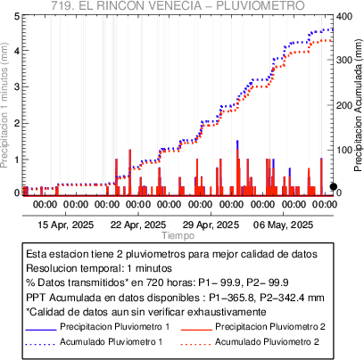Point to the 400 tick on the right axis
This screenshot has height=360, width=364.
pyautogui.click(x=344, y=16)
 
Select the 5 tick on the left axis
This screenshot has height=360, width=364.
pyautogui.click(x=17, y=16)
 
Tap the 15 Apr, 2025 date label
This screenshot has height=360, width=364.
pyautogui.click(x=66, y=225)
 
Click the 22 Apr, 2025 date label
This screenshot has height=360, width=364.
pyautogui.click(x=138, y=225)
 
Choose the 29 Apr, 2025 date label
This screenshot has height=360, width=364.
pyautogui.click(x=211, y=225)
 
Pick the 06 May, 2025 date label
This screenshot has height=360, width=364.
pyautogui.click(x=283, y=225)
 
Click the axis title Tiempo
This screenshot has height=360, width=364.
pyautogui.click(x=178, y=235)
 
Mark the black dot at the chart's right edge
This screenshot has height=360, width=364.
pyautogui.click(x=334, y=186)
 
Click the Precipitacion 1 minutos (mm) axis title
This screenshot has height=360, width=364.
pyautogui.click(x=4, y=105)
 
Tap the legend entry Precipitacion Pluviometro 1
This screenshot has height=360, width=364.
pyautogui.click(x=115, y=327)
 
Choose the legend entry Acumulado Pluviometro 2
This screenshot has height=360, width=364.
pyautogui.click(x=267, y=341)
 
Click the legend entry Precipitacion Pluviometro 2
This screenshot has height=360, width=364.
pyautogui.click(x=270, y=327)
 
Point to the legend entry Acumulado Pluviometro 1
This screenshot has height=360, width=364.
pyautogui.click(x=112, y=341)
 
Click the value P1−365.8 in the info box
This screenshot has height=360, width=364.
pyautogui.click(x=232, y=298)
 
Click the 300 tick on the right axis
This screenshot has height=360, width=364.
pyautogui.click(x=344, y=60)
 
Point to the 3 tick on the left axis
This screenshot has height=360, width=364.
pyautogui.click(x=17, y=86)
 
